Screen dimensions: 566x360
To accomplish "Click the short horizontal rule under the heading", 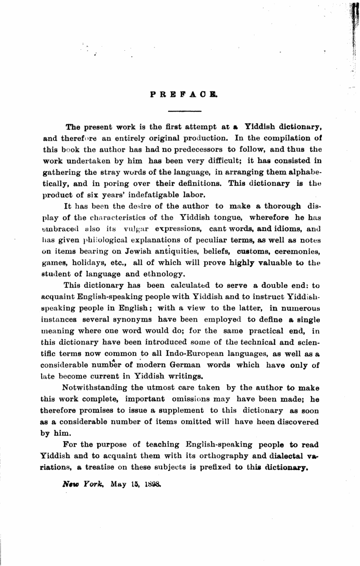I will [185, 111].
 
